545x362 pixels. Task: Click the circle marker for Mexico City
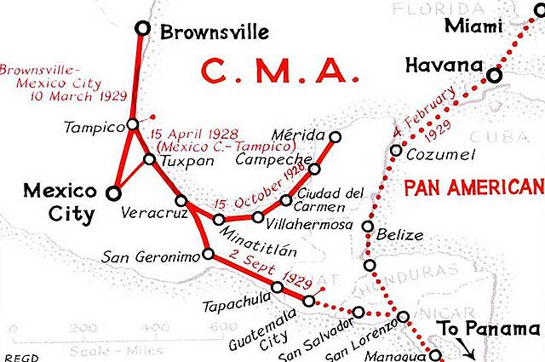coord(113,193)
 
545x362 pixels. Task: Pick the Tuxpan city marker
coord(149,159)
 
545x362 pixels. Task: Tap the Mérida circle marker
coord(335,137)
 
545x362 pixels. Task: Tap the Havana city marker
coord(494,76)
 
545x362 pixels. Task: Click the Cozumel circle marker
coord(396,151)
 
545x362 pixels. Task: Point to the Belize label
coord(399,234)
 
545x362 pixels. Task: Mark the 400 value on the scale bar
coord(158,327)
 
